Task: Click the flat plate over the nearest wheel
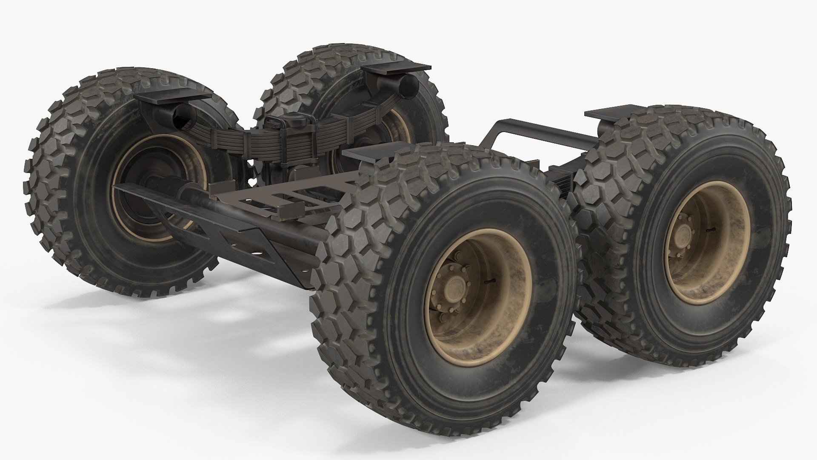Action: click(x=366, y=154)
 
